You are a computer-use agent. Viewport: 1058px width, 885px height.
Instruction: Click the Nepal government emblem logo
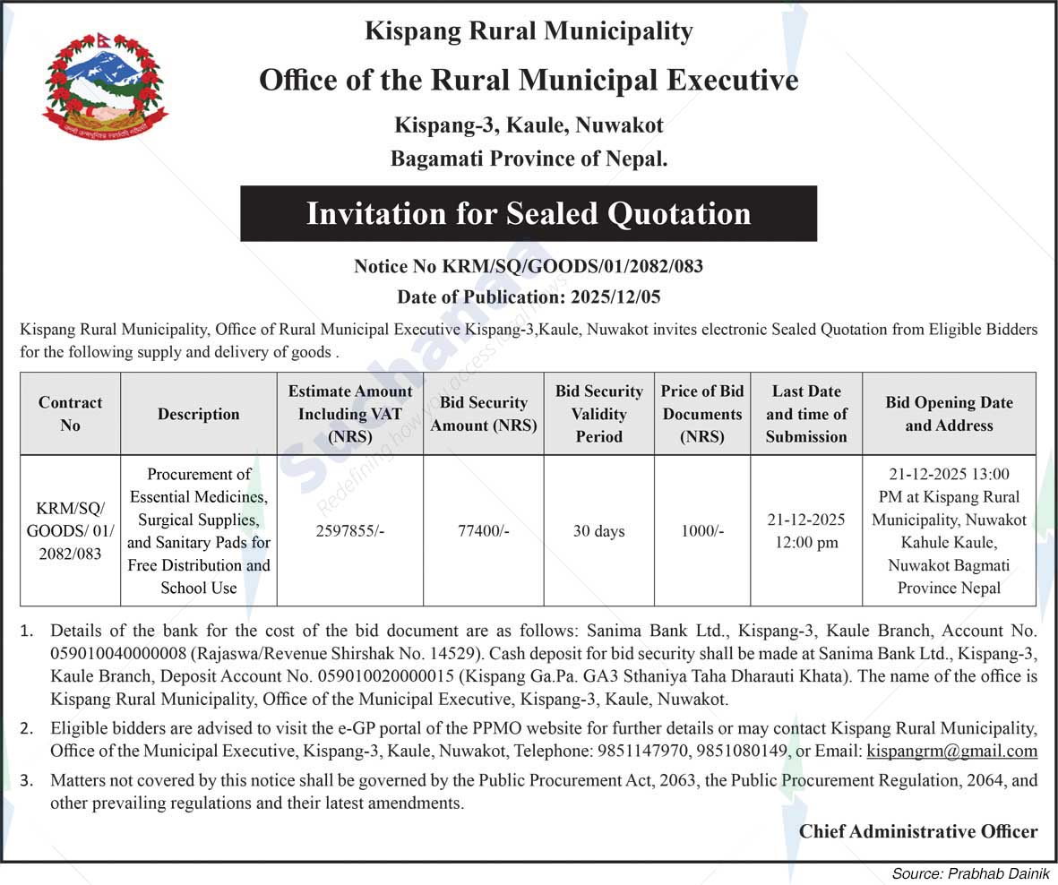[x=105, y=87]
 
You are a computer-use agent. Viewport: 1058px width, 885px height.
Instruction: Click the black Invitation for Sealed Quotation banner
[x=529, y=214]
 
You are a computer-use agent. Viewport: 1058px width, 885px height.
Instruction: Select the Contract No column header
[x=70, y=414]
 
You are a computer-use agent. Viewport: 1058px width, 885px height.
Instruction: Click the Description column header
[x=199, y=414]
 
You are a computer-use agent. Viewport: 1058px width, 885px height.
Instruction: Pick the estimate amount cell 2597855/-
[x=349, y=531]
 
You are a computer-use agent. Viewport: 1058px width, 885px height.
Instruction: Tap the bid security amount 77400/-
[x=484, y=531]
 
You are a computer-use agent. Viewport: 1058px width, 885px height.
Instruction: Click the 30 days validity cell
[x=598, y=531]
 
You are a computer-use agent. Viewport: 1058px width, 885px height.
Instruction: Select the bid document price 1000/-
[x=702, y=531]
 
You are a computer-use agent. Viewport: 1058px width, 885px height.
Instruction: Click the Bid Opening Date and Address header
[x=949, y=414]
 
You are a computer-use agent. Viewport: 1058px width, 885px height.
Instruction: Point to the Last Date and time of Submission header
[x=806, y=414]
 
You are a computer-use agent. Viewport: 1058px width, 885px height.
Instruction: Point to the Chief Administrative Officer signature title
[x=918, y=832]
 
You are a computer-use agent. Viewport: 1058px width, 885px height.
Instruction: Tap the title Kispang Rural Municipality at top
[x=529, y=32]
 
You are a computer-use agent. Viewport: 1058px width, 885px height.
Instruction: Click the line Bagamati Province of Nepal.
[x=529, y=159]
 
